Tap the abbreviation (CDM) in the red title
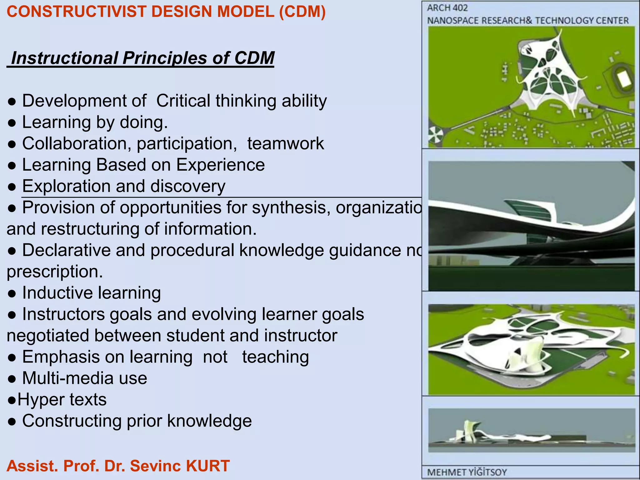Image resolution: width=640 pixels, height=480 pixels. point(302,12)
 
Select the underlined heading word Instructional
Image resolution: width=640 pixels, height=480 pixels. point(65,58)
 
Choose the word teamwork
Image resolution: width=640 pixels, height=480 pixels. point(285,143)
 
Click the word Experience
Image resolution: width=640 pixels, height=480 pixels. point(220,165)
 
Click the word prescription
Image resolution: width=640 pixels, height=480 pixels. point(55,272)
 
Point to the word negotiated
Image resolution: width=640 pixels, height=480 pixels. point(48,336)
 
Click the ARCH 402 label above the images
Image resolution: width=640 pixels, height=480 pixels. point(447,8)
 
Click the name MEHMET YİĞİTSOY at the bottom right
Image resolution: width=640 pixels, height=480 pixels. point(467,472)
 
